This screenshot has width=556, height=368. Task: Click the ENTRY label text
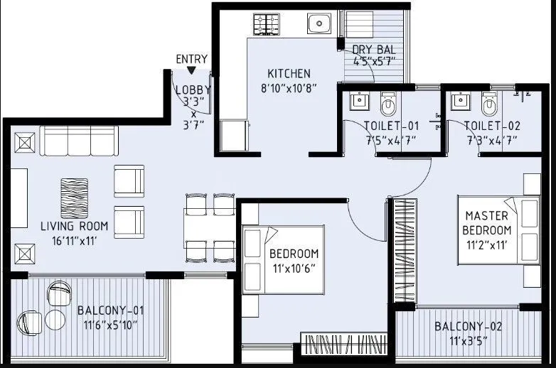192,59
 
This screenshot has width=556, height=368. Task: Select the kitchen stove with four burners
267,25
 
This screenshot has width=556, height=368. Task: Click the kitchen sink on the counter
319,23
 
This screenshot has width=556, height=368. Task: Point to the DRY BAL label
374,50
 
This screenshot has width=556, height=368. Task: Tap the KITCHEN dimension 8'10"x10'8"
289,88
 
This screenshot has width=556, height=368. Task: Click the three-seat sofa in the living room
78,141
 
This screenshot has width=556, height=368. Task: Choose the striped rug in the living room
74,198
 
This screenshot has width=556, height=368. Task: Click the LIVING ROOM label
74,227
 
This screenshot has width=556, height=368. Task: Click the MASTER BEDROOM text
487,223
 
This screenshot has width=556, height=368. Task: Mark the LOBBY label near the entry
192,90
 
